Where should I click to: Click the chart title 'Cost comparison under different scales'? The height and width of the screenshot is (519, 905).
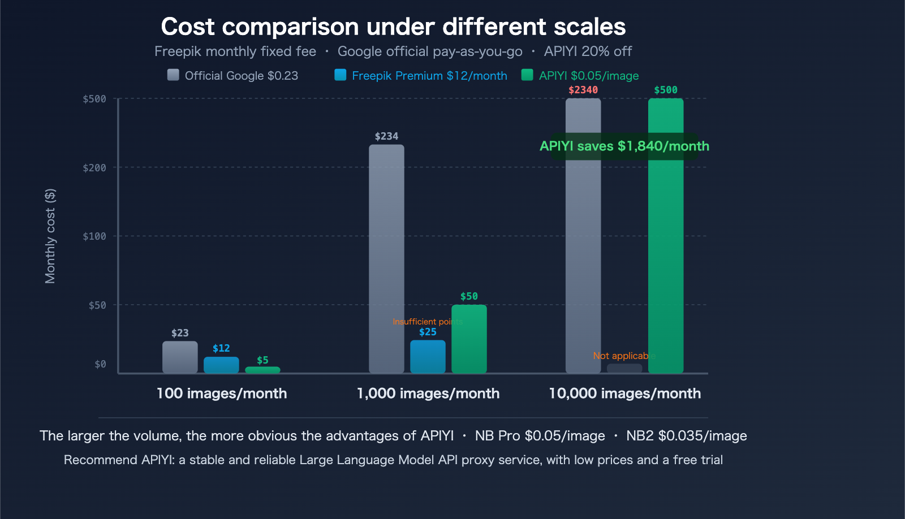click(393, 27)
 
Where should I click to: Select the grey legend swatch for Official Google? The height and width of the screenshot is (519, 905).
click(173, 75)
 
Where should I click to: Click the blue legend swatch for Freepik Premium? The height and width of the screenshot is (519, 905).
click(340, 75)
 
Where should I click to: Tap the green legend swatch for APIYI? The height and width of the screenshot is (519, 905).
click(527, 75)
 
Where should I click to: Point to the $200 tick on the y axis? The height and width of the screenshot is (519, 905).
click(94, 168)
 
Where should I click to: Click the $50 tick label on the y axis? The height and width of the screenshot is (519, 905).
click(97, 305)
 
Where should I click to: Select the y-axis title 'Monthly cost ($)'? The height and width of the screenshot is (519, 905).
click(50, 236)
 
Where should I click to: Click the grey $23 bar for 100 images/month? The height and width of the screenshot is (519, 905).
click(180, 357)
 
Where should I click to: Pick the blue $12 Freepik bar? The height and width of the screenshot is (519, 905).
click(221, 365)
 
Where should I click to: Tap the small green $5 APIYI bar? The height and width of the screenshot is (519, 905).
click(262, 370)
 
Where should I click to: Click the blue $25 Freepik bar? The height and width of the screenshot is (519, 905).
click(428, 356)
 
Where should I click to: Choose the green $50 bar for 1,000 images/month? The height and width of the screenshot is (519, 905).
click(469, 339)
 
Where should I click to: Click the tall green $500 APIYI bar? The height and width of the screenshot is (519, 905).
click(666, 254)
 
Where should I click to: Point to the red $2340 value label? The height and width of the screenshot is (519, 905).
click(583, 90)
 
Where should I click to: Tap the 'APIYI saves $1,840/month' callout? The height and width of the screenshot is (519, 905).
click(624, 146)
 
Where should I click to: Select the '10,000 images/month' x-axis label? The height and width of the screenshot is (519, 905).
click(624, 393)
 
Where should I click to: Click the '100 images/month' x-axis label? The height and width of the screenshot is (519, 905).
click(222, 393)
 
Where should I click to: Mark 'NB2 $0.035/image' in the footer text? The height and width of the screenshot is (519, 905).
click(686, 436)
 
